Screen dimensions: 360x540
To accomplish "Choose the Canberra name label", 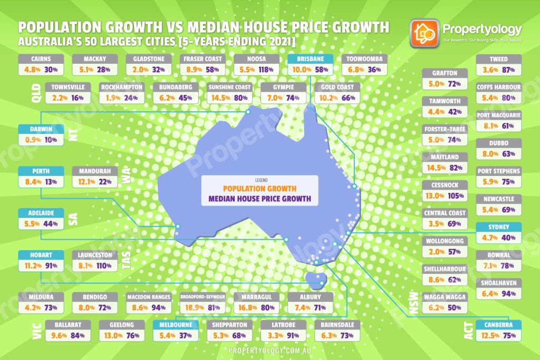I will click(498, 325).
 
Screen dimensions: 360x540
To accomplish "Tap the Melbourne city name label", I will click(176, 325).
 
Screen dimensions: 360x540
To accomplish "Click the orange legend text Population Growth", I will click(259, 188).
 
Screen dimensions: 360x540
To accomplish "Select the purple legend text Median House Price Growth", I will click(259, 199).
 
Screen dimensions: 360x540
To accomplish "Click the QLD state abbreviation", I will click(24, 93).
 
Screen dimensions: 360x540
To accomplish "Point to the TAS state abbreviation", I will click(127, 261).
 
